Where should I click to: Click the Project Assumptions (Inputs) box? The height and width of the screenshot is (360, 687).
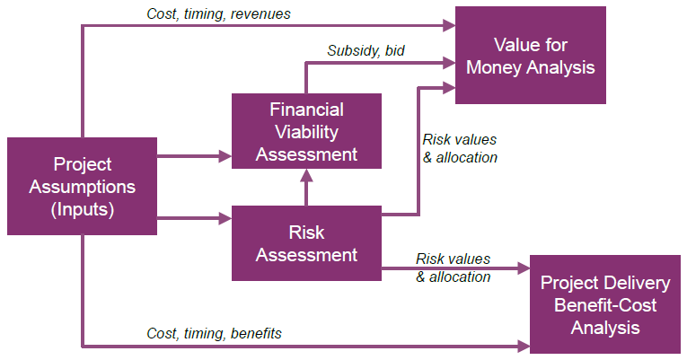[x=82, y=186]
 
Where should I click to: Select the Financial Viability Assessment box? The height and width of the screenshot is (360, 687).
[x=306, y=131]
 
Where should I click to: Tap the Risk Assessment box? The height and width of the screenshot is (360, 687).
[x=306, y=243]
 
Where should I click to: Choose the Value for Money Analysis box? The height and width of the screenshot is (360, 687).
[x=531, y=55]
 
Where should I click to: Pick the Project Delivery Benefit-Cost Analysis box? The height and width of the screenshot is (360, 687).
[x=605, y=304]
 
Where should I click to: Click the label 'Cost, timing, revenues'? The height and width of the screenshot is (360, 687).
[x=218, y=14]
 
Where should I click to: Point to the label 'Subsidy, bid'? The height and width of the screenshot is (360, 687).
[x=366, y=51]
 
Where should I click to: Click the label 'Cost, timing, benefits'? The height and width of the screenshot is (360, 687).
[x=214, y=334]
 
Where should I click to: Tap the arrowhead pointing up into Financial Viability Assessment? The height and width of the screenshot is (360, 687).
[x=306, y=176]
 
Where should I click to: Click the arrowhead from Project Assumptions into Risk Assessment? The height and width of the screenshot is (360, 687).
[x=225, y=218]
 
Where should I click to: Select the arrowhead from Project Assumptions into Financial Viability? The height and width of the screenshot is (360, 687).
[x=225, y=156]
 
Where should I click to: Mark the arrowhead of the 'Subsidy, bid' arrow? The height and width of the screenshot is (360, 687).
[x=450, y=63]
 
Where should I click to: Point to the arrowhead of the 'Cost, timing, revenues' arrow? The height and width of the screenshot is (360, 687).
[x=450, y=26]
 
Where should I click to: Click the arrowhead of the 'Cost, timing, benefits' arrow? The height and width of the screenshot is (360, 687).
[x=524, y=347]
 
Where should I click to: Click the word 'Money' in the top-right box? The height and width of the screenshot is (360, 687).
[x=494, y=67]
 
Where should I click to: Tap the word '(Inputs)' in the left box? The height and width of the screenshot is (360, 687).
[x=83, y=209]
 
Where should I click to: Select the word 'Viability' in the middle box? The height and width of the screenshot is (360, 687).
[x=307, y=132]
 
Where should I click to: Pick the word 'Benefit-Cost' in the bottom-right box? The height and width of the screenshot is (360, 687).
[x=605, y=305]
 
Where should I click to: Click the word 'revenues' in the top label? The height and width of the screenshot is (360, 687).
[x=260, y=14]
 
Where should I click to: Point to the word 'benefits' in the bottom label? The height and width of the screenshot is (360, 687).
[x=256, y=334]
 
